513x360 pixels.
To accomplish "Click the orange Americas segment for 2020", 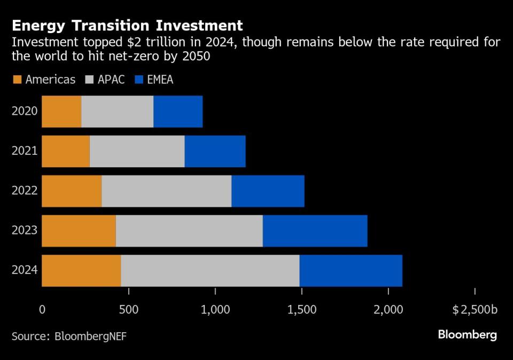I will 61,112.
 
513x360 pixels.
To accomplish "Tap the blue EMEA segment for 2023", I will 315,231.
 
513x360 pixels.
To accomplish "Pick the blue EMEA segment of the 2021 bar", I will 215,151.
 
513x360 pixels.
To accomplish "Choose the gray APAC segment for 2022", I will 166,191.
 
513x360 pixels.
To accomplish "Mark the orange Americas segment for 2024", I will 81,270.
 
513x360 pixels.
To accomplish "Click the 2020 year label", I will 25,112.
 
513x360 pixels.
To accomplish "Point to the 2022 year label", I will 25,191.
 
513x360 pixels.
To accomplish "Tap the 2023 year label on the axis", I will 25,231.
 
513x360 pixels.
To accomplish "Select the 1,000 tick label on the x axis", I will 215,309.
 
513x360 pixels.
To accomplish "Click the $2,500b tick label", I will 475,309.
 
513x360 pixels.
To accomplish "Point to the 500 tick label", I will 128,309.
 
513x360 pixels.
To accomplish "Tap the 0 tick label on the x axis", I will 42,309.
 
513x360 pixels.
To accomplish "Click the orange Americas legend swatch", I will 17,80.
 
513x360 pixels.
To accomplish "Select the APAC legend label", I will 111,80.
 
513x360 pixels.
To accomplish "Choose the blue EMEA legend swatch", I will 141,80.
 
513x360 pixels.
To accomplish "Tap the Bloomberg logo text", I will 467,335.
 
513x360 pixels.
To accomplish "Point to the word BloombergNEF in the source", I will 90,336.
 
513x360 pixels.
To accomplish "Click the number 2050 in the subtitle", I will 196,56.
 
